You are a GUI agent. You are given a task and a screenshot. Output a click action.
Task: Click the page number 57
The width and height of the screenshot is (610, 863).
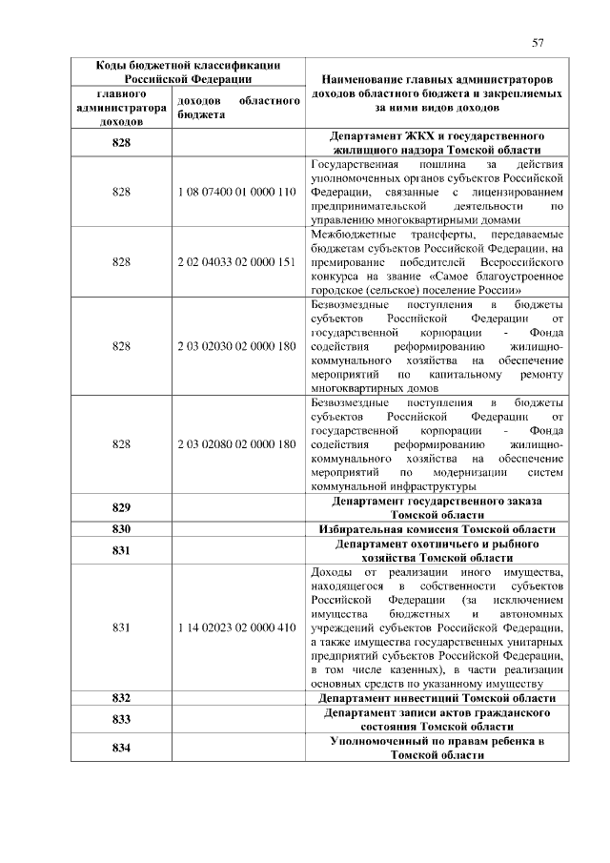pos(538,42)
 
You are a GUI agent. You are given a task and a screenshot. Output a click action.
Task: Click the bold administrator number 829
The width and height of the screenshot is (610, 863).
pos(121,507)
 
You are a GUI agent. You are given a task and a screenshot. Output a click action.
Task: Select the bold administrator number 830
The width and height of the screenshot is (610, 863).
pos(121,529)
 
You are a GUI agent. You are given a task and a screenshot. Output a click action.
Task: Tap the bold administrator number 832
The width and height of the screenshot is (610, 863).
pos(121,698)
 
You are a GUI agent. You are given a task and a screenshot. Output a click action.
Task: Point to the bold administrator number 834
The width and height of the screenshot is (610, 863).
pos(121,748)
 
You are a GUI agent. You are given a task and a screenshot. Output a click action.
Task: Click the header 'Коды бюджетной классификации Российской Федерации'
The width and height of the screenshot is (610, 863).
pos(189,72)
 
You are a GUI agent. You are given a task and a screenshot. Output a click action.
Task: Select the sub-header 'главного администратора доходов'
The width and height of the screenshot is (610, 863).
pos(121,109)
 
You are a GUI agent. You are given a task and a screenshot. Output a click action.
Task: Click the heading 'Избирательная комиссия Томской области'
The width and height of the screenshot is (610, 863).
pos(437,529)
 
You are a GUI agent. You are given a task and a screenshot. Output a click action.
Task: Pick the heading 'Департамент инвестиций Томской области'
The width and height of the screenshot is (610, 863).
pos(437,698)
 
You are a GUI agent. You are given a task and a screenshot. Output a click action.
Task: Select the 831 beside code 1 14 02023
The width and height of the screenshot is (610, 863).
pos(121,627)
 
